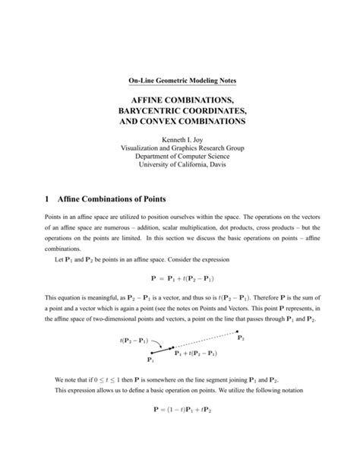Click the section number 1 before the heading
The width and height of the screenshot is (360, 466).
tap(48, 199)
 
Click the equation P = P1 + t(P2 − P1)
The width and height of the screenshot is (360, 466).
tap(179, 279)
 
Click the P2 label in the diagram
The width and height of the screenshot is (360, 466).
tap(241, 338)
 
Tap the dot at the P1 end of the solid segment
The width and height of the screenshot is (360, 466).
tap(152, 352)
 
